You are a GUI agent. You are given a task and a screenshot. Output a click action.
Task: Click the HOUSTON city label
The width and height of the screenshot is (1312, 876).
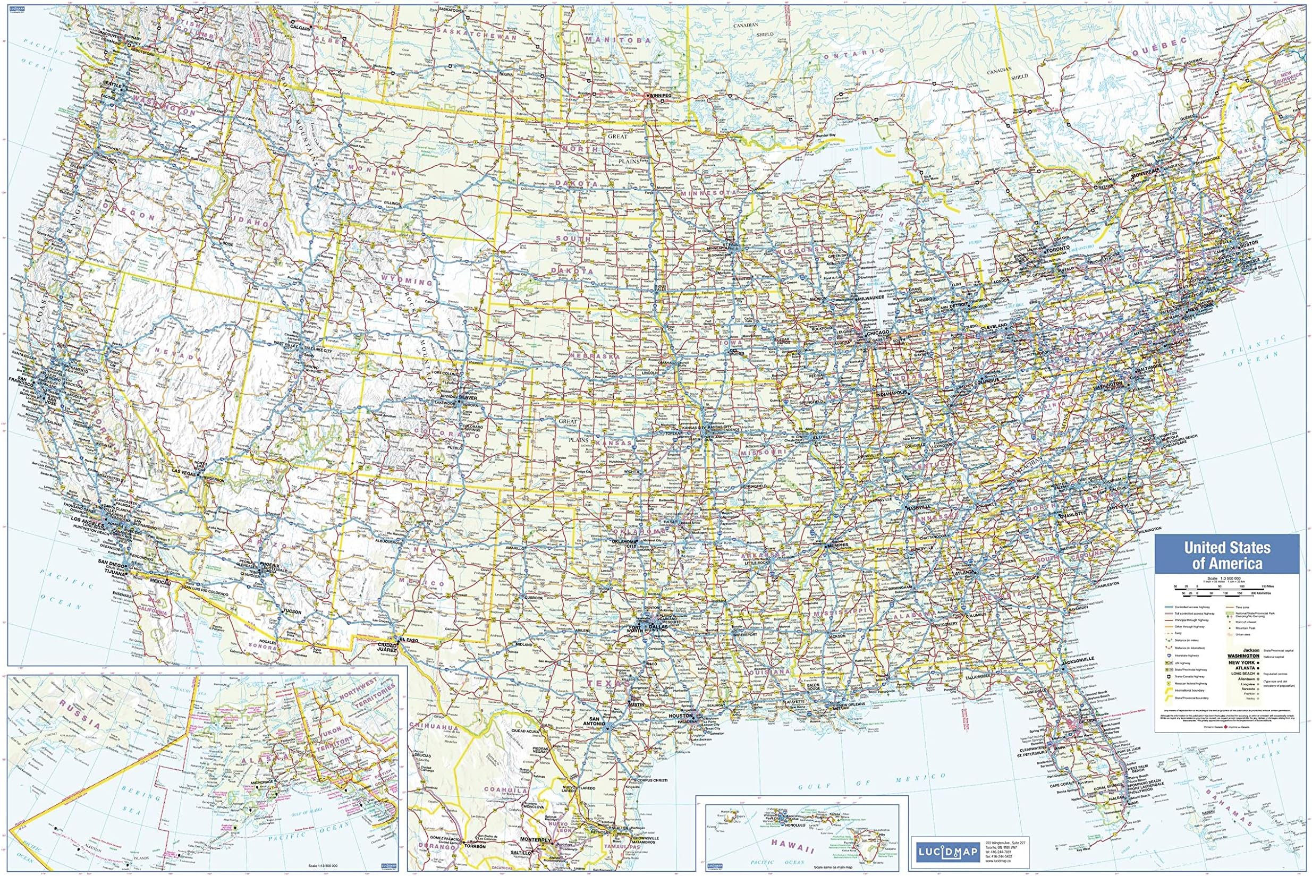point(681,716)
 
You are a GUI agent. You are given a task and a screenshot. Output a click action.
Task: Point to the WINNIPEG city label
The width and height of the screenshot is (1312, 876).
point(661,96)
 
